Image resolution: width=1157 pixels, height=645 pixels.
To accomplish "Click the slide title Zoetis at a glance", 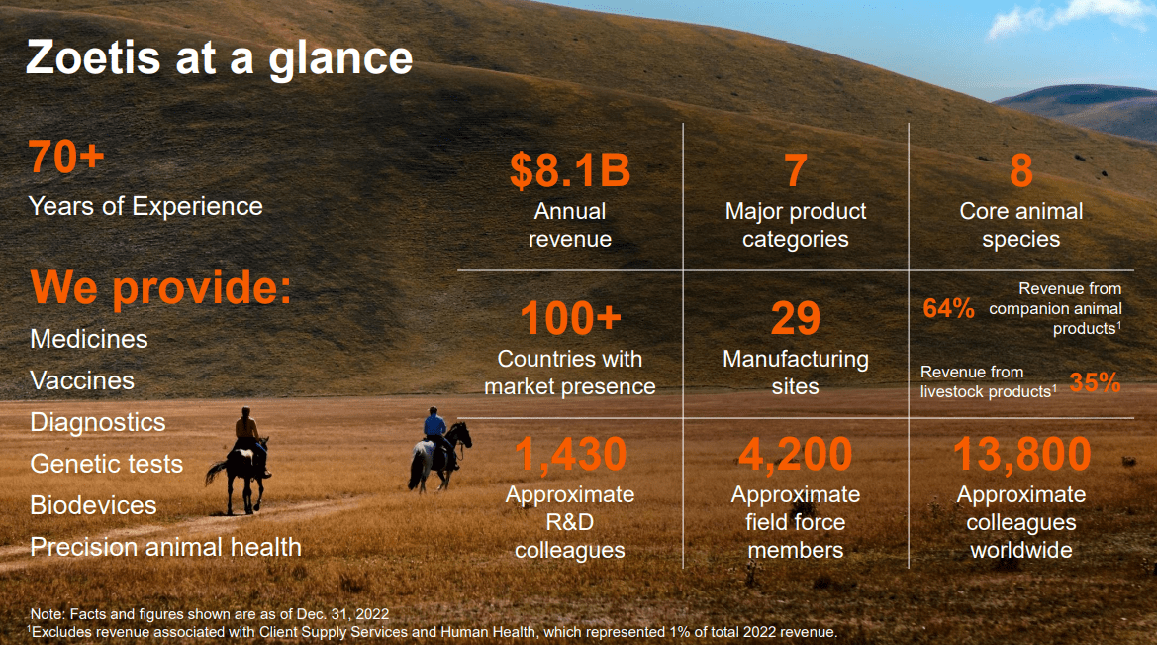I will (x=219, y=57).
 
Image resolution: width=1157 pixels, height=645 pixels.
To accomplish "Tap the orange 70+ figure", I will (x=66, y=158).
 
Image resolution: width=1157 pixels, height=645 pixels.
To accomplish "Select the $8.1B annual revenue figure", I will (x=569, y=170).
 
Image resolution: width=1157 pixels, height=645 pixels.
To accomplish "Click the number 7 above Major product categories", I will (x=795, y=170).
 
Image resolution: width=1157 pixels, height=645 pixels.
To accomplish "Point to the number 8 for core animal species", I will (x=1020, y=170).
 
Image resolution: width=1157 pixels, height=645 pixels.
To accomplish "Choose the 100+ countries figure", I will (x=569, y=319).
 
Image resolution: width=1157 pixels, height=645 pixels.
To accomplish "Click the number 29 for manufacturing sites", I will (x=795, y=319).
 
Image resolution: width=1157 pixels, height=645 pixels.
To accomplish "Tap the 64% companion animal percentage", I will (x=948, y=309).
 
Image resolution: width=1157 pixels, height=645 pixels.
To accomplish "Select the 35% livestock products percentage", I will (x=1094, y=382).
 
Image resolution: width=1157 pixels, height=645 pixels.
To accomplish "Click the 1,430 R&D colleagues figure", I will (x=570, y=455).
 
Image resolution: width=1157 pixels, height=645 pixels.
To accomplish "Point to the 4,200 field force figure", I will (x=795, y=455).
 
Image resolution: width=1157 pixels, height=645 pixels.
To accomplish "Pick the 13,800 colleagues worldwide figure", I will (x=1021, y=455).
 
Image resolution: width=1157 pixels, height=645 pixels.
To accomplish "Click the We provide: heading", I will (x=161, y=288).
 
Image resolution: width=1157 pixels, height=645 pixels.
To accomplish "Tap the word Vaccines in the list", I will (x=82, y=380).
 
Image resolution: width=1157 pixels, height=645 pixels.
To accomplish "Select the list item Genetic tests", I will (x=106, y=464).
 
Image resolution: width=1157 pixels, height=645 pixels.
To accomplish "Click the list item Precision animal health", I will (x=165, y=547).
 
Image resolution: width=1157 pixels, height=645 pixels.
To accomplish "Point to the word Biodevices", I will (x=93, y=505).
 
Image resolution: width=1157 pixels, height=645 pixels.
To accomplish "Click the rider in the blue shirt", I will (x=434, y=425).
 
